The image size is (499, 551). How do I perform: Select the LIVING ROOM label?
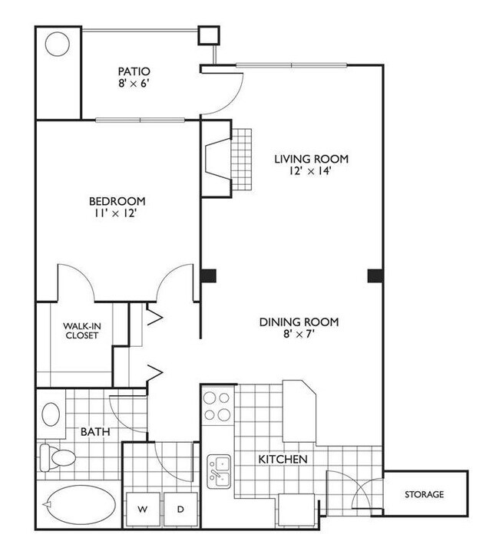312,159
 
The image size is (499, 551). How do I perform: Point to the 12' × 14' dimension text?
312,173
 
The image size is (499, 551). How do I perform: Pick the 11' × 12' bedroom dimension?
116,216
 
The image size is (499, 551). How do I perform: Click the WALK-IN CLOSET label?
81,330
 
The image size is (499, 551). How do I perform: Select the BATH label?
94,433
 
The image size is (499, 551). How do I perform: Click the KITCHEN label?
283,460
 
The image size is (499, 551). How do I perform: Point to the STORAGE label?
425,495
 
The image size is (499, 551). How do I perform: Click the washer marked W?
144,509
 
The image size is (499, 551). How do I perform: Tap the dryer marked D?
180,509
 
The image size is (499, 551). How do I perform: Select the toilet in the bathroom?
57,458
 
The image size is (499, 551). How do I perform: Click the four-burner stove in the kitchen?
217,407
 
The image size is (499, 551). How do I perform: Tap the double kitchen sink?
219,470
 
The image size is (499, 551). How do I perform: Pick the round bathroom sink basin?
51,415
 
